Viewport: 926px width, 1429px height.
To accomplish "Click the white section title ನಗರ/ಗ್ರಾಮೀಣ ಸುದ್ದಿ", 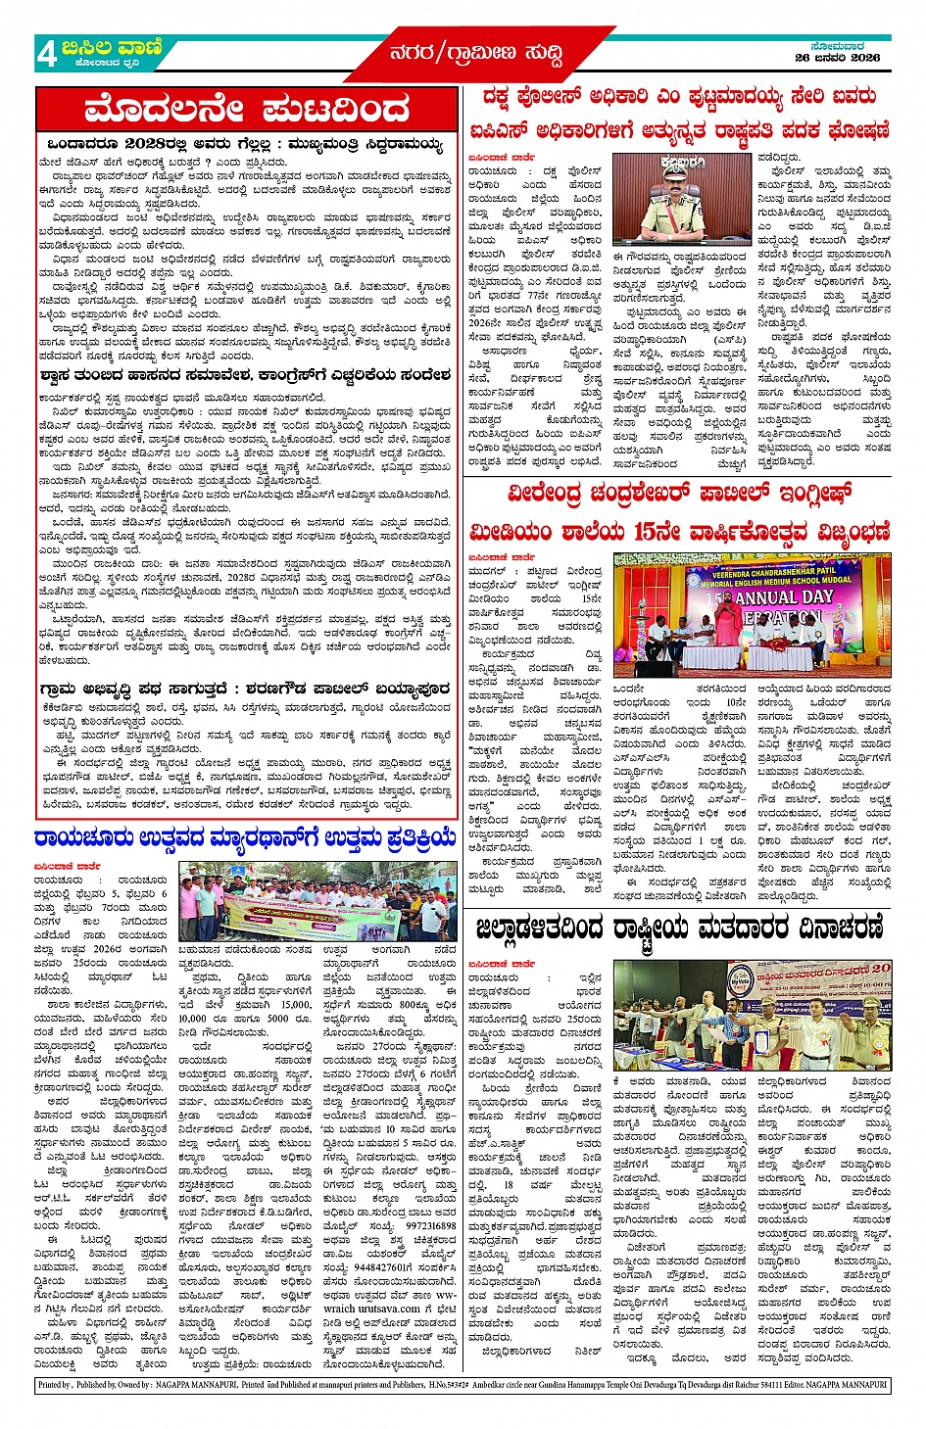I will [x=476, y=53].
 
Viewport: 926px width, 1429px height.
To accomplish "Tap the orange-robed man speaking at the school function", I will [x=726, y=627].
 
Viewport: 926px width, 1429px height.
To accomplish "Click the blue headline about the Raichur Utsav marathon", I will [x=245, y=838].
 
